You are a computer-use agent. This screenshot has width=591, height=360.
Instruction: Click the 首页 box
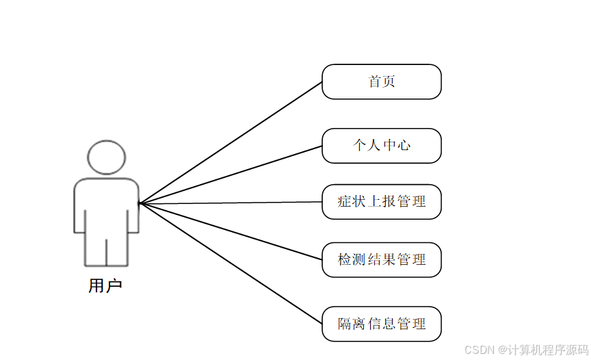381,81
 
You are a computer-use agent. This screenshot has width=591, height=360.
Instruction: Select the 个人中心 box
381,146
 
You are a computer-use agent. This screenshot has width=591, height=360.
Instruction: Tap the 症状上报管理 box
381,202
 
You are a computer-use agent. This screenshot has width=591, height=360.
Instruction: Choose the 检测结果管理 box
381,260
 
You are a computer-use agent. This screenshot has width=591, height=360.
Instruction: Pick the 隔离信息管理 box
381,324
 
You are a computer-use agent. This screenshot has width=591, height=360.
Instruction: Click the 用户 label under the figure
105,285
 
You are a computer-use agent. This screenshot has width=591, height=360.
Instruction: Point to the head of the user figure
107,157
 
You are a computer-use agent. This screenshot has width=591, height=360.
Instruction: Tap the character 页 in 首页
389,81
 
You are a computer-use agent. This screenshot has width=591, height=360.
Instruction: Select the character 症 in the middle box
345,202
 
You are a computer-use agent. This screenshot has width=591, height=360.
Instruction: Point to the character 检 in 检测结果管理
345,260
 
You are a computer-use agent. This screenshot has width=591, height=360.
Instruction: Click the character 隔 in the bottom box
345,324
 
